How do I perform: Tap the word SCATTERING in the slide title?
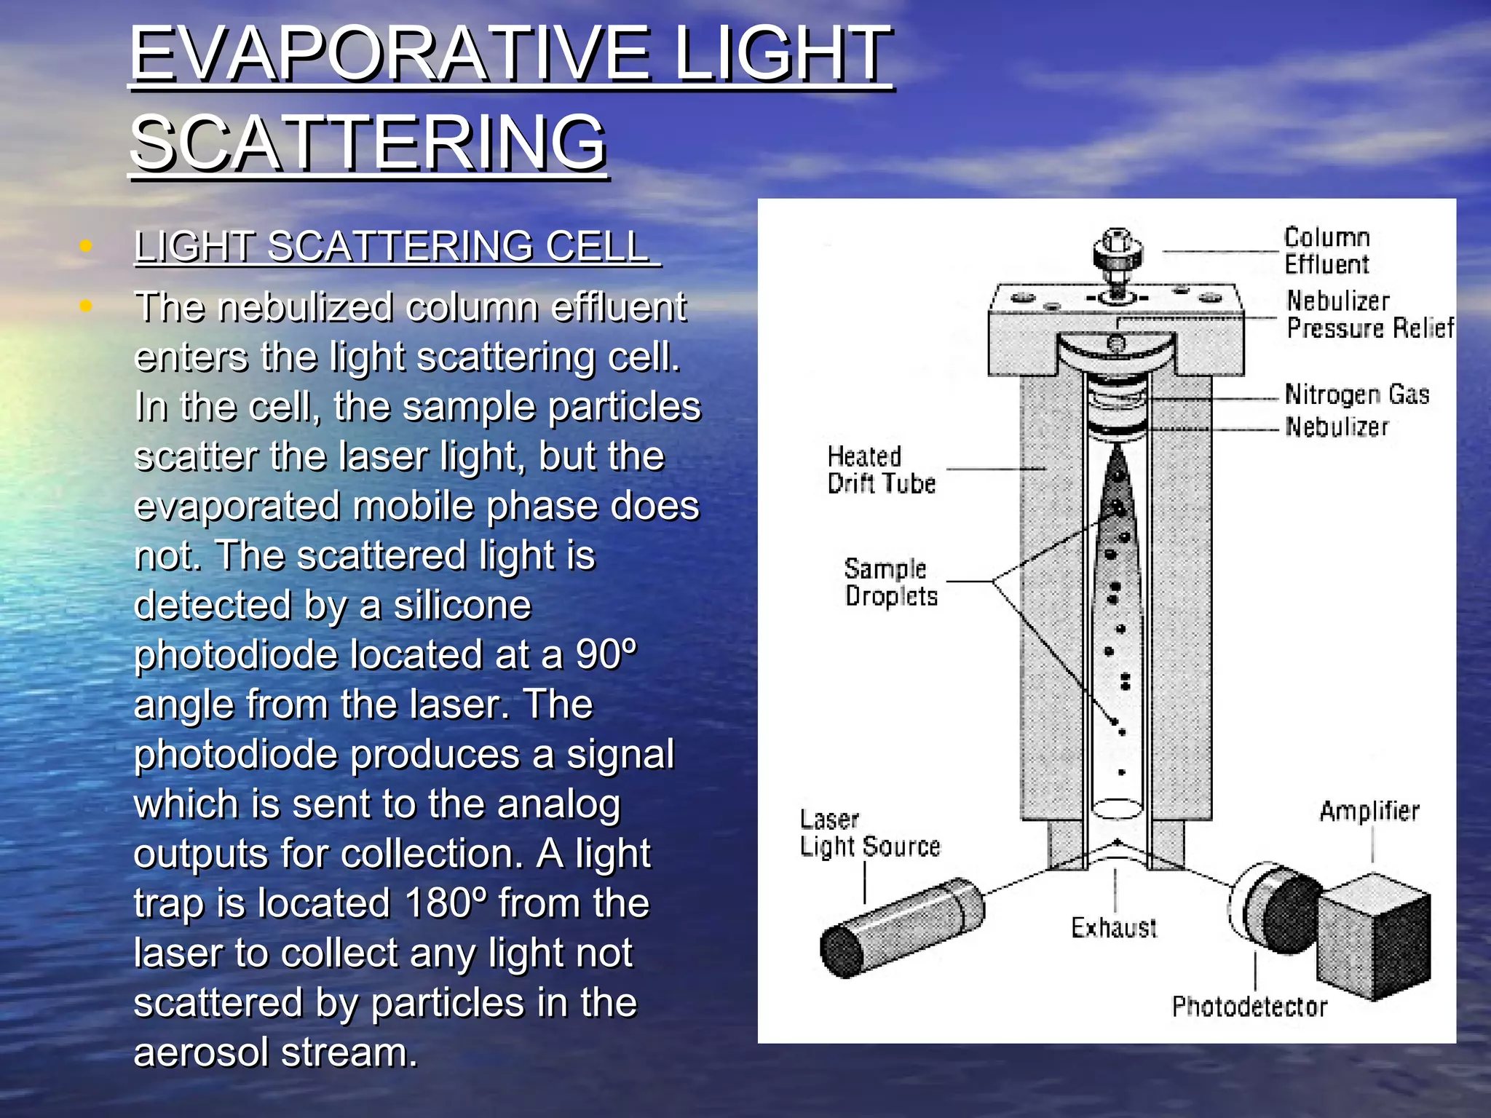point(368,143)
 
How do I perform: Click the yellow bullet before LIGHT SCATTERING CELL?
point(86,246)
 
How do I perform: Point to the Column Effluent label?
point(1326,251)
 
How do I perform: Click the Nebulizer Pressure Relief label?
point(1369,314)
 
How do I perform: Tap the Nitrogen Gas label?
point(1356,395)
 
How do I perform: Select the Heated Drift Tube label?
point(880,470)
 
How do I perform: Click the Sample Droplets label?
point(890,582)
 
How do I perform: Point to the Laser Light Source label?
point(869,834)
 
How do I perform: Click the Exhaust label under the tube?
point(1113,928)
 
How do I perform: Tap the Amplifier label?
point(1369,812)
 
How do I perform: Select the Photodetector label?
point(1249,1007)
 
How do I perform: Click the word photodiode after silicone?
point(235,654)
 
